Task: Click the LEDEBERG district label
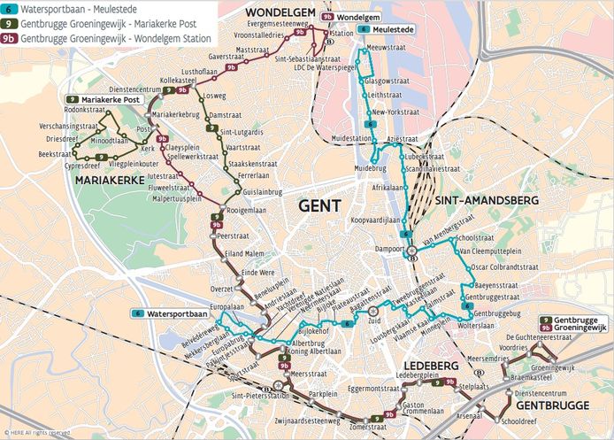[x=430, y=364]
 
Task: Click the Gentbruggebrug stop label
[x=497, y=314]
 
